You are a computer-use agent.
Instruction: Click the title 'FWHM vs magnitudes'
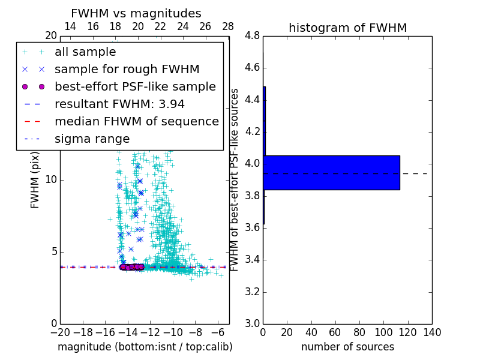pos(136,13)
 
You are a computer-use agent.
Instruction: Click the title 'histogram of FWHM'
pos(347,28)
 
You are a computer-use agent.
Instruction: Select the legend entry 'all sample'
pos(85,52)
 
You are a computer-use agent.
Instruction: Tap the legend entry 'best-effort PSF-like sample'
pos(135,86)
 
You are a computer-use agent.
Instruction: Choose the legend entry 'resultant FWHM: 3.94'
pos(119,104)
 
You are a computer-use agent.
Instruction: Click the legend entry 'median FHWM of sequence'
pos(136,121)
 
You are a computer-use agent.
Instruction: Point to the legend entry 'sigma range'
pos(92,139)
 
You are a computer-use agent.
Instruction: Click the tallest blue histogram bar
pos(331,173)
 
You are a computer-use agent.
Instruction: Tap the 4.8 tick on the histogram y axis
pos(252,35)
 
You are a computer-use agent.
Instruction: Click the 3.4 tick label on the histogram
pos(252,260)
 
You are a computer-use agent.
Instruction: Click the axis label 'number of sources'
pos(347,347)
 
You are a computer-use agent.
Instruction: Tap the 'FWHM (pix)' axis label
pos(35,179)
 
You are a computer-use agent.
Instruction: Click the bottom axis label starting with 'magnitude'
pos(145,347)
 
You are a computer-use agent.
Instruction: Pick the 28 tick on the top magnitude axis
pos(228,26)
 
